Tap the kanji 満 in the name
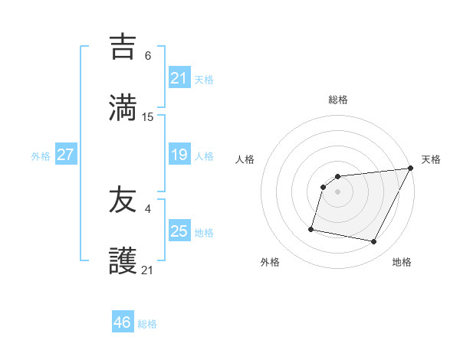click(x=123, y=107)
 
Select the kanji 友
click(x=123, y=200)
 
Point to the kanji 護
click(x=123, y=261)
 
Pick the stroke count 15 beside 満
click(x=148, y=116)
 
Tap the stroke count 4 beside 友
click(x=148, y=208)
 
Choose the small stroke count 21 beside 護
click(x=148, y=270)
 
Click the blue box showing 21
click(x=179, y=77)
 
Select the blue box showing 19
click(x=179, y=155)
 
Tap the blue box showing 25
click(x=179, y=231)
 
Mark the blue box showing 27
click(x=66, y=155)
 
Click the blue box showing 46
click(x=123, y=322)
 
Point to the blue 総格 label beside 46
click(x=147, y=324)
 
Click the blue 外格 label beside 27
click(x=41, y=156)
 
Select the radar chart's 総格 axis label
click(x=338, y=100)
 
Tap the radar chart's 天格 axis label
click(x=432, y=159)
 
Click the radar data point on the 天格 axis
click(x=411, y=169)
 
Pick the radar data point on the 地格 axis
click(x=374, y=242)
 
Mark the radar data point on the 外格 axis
click(x=311, y=228)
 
